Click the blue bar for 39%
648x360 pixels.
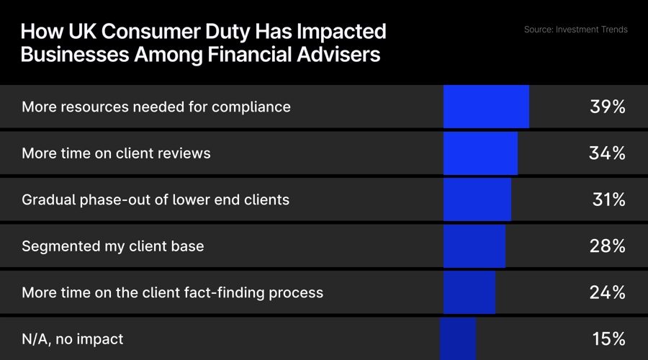pos(486,107)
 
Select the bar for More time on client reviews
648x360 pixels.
pos(480,153)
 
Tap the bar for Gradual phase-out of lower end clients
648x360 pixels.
pos(477,199)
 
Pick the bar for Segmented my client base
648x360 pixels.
pos(474,246)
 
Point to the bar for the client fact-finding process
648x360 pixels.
pos(469,292)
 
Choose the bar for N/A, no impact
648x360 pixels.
pos(459,338)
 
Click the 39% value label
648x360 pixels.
pos(608,107)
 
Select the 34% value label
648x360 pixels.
pos(608,153)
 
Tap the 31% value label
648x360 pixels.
pos(608,199)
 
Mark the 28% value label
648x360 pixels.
pos(608,246)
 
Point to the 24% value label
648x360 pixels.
pos(608,292)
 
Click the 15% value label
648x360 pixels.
pos(608,338)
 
